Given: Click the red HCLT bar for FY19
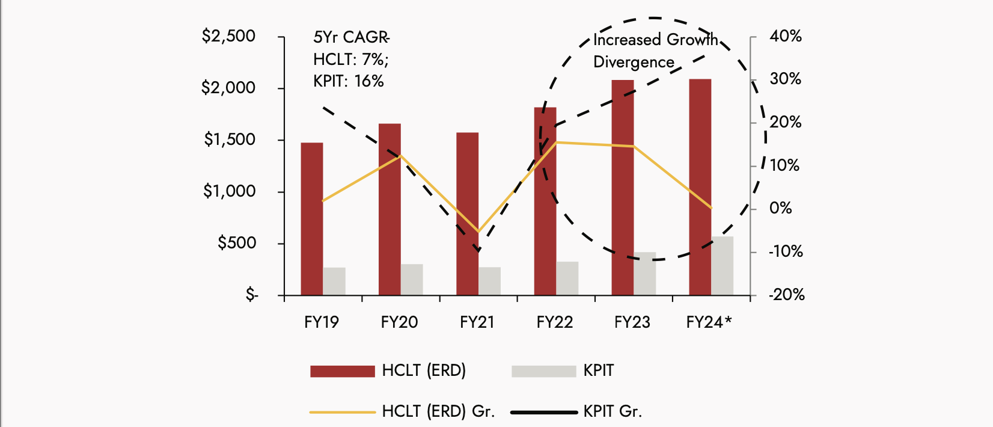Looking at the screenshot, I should coord(312,219).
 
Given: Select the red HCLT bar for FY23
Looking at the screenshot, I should coord(623,188).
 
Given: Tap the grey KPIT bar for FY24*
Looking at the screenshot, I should coord(723,266).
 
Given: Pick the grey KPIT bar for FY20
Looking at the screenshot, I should coord(412,280).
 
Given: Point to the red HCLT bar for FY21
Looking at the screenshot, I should coord(467,214).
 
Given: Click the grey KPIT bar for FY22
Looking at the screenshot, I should coord(567,278).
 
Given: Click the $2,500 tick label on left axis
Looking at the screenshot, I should coord(228,36).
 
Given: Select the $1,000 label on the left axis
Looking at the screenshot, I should coord(229,191).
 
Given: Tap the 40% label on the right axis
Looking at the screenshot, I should coord(786,36).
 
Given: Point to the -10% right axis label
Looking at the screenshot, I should coord(786,251).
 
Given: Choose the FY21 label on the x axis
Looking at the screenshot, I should coord(477,322).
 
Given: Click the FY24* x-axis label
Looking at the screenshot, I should coord(709,322).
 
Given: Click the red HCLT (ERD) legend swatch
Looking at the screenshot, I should coord(342,371).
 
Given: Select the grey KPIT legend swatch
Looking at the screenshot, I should coord(543,371).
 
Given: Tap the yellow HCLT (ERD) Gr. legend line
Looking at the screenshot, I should coord(342,412).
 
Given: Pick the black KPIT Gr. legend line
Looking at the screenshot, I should coord(543,412).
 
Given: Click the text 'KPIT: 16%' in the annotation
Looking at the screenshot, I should coord(349,81).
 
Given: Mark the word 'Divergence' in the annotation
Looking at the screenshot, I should coord(634,62).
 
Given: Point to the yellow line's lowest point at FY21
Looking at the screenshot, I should coord(478,231).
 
